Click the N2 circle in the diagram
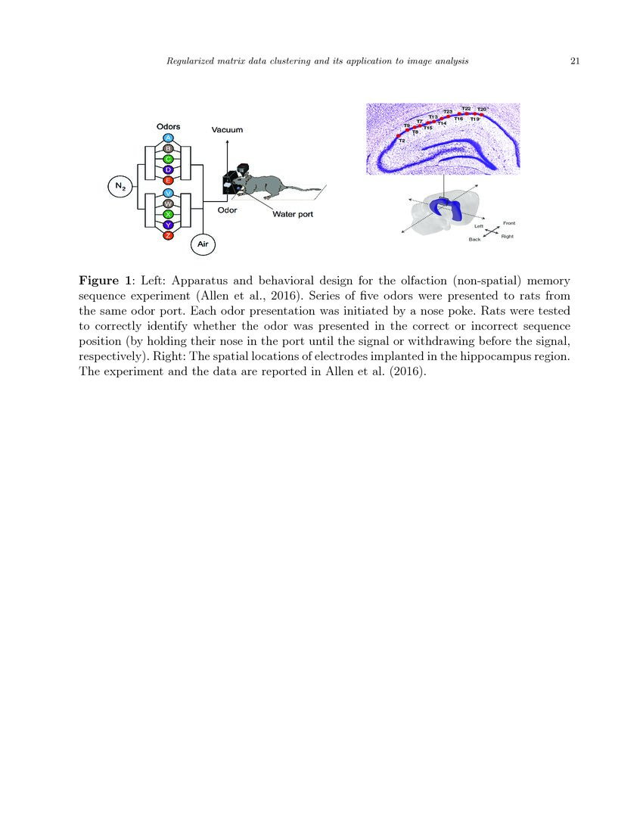tap(120, 186)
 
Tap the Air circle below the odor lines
tap(203, 244)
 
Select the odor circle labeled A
tap(168, 138)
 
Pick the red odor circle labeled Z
tap(168, 236)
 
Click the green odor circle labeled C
tap(168, 159)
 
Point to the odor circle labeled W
tap(168, 204)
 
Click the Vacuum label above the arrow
tap(227, 130)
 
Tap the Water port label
tap(293, 214)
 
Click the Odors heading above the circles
tap(168, 126)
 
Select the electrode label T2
tap(402, 141)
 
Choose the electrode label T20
tap(482, 109)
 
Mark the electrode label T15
tap(427, 128)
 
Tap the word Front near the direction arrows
tap(509, 222)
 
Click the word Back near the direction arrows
tap(474, 239)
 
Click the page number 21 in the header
tap(574, 61)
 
